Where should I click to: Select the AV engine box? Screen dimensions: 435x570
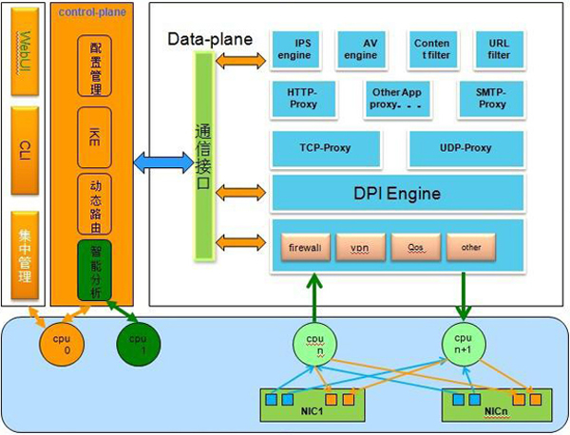pyautogui.click(x=360, y=49)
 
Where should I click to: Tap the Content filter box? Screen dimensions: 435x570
pyautogui.click(x=431, y=49)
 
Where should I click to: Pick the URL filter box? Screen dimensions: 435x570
pyautogui.click(x=499, y=49)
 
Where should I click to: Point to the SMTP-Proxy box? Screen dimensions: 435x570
pyautogui.click(x=491, y=98)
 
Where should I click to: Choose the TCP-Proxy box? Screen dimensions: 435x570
pyautogui.click(x=326, y=148)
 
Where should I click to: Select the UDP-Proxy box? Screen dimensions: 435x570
pyautogui.click(x=466, y=148)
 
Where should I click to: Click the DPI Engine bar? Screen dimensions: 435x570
pyautogui.click(x=397, y=194)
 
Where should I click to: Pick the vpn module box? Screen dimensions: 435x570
pyautogui.click(x=360, y=247)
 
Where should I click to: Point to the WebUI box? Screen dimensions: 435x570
pyautogui.click(x=25, y=51)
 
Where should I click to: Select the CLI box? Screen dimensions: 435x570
pyautogui.click(x=25, y=147)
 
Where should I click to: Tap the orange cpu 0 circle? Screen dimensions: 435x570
pyautogui.click(x=59, y=343)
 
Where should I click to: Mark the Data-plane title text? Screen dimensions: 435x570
pyautogui.click(x=210, y=40)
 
